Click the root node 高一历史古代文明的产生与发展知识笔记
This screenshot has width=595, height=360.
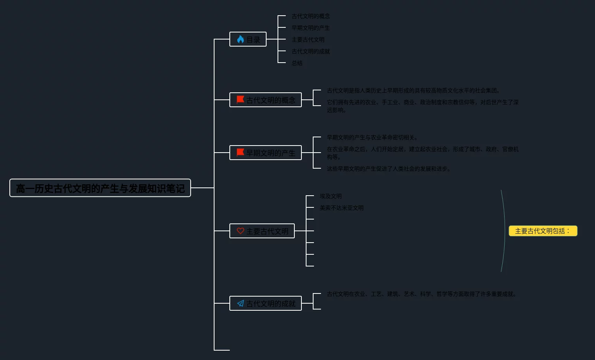[100, 188]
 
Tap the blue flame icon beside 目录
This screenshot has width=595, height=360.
[240, 39]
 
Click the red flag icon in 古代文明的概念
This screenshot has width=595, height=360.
[240, 100]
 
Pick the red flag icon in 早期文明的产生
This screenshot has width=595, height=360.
[240, 153]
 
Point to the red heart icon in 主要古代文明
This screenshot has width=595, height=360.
[240, 231]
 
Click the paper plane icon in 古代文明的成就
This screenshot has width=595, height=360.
[240, 303]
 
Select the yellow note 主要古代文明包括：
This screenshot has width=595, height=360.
[543, 231]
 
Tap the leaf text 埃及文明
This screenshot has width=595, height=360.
[331, 196]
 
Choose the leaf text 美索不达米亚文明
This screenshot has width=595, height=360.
[342, 208]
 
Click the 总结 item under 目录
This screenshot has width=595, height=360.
[297, 63]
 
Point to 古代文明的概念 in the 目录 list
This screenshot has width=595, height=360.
[311, 16]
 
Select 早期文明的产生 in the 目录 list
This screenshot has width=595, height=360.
[311, 28]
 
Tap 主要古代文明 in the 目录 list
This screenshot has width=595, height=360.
[308, 40]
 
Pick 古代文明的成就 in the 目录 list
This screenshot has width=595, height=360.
[311, 51]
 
